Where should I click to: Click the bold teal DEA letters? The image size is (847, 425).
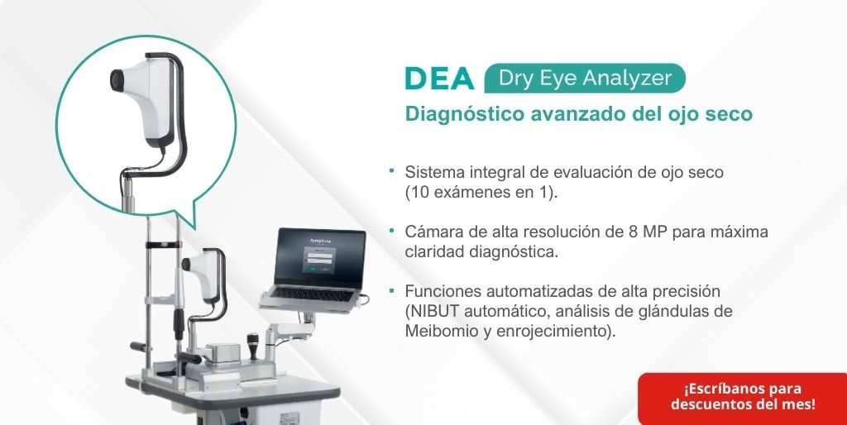click(439, 79)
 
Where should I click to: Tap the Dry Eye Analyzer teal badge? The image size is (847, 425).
click(585, 79)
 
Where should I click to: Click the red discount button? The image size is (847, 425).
click(743, 399)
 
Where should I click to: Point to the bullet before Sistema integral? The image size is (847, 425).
click(391, 170)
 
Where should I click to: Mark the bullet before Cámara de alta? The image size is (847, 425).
click(391, 231)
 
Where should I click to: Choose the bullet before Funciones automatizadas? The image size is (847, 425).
click(391, 290)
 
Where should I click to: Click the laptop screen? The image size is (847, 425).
click(320, 258)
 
